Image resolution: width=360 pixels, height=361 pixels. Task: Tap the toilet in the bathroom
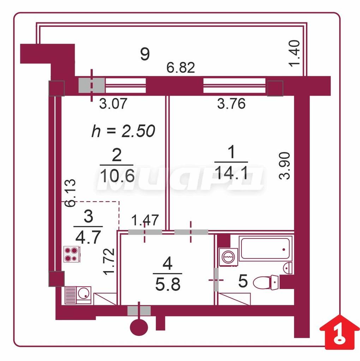click(x=265, y=282)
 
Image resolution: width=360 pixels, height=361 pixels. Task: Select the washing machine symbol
click(x=228, y=257)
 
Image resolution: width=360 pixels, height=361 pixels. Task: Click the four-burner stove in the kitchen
click(x=72, y=254)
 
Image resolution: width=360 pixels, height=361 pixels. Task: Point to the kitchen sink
click(x=78, y=295)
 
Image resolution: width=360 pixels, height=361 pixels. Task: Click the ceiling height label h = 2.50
click(x=123, y=131)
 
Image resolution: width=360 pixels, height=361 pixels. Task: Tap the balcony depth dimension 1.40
click(x=295, y=54)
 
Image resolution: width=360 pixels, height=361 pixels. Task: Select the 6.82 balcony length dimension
click(x=181, y=68)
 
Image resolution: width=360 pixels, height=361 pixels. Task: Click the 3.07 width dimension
click(x=113, y=104)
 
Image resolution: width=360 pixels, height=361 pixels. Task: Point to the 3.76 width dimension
click(x=232, y=104)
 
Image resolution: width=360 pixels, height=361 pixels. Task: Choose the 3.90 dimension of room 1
click(x=284, y=166)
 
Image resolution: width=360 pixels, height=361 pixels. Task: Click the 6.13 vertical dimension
click(x=70, y=193)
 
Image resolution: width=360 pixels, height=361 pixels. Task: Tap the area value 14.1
click(x=232, y=173)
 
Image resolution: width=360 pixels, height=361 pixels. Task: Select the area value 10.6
click(x=117, y=176)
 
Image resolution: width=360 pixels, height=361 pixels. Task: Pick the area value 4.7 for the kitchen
click(x=88, y=237)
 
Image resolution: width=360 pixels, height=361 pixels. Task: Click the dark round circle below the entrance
click(x=139, y=328)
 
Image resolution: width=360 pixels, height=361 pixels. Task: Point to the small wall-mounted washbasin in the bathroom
click(x=288, y=268)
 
